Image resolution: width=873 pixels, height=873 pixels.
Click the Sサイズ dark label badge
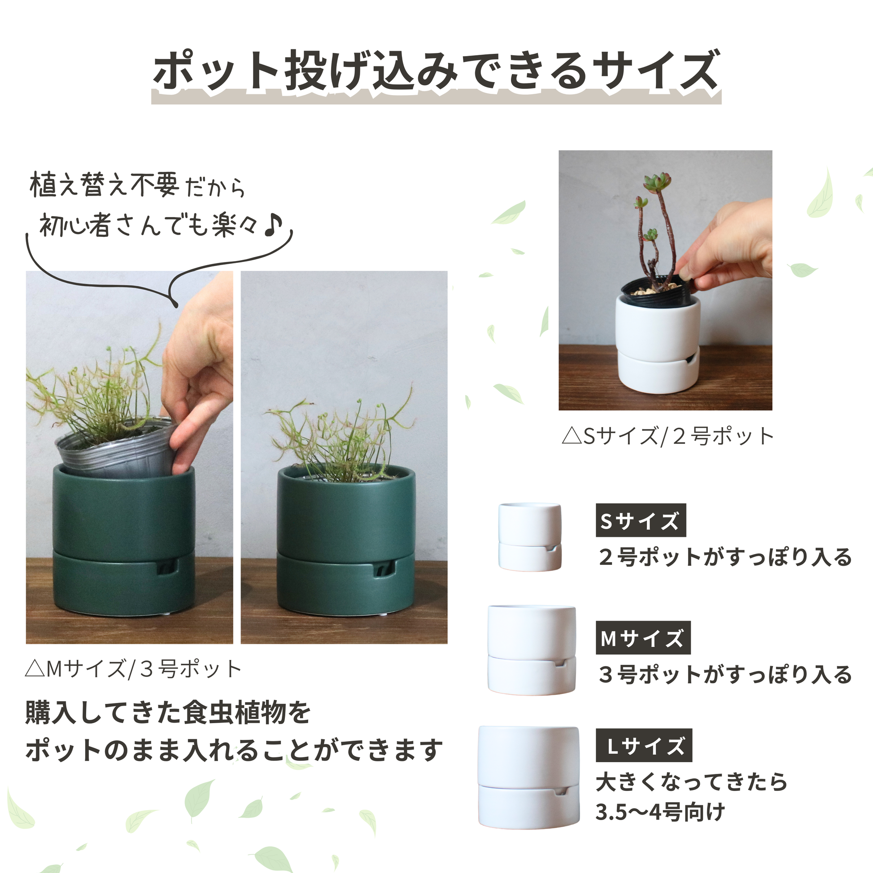[640, 520]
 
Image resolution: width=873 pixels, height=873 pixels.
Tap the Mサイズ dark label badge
[642, 637]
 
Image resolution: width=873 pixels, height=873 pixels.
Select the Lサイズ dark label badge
[643, 745]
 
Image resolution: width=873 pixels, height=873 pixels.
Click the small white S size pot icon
[529, 537]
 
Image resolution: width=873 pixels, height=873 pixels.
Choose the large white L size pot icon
[528, 777]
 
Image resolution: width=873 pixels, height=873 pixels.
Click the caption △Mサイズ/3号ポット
[133, 669]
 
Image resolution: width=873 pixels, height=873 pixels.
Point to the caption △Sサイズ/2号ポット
[668, 436]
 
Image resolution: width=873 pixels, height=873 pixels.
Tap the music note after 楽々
[273, 225]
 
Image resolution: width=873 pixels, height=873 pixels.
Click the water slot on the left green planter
[166, 567]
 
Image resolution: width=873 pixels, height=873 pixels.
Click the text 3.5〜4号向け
[660, 812]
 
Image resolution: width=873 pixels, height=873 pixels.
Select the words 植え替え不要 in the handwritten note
[105, 185]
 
